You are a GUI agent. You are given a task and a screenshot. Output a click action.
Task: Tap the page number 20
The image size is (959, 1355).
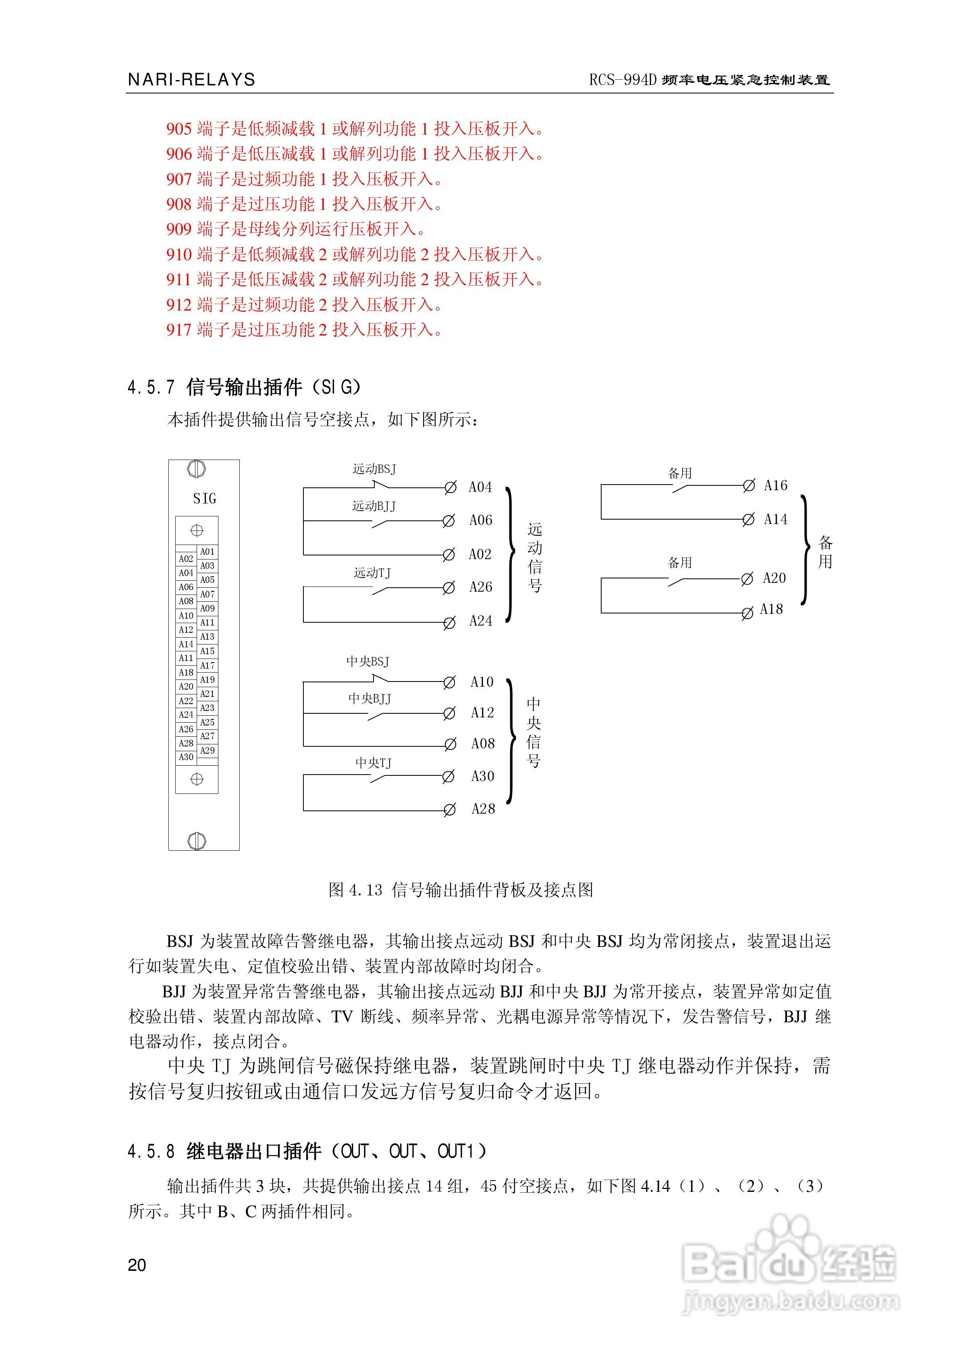(x=137, y=1265)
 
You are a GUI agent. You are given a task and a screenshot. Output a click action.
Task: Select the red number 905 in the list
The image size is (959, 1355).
(x=179, y=128)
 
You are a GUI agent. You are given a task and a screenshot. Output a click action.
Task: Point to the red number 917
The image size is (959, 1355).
(x=179, y=330)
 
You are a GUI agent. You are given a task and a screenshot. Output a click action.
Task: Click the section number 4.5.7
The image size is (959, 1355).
(x=151, y=388)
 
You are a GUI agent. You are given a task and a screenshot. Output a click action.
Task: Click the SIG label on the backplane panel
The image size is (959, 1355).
(x=204, y=499)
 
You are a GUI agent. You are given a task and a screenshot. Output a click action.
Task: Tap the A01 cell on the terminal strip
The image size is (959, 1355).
(x=207, y=552)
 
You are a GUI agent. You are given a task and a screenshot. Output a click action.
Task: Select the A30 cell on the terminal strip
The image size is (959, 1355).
(x=186, y=757)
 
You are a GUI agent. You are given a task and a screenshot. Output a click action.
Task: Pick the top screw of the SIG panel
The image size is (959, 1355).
(x=197, y=470)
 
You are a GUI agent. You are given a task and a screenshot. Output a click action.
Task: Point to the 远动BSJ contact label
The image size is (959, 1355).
(x=374, y=470)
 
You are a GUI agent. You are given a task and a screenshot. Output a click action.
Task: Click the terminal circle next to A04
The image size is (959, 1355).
(x=450, y=487)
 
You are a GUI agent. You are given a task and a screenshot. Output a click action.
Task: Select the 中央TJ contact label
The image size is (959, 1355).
(x=373, y=763)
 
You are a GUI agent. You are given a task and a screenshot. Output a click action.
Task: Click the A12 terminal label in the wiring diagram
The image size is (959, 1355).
(x=482, y=713)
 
